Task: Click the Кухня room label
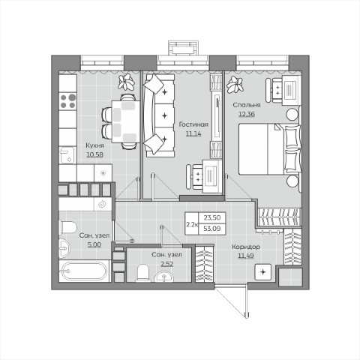tap(94, 145)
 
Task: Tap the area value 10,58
tap(94, 154)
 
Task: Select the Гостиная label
tap(193, 124)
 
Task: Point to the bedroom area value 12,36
tap(247, 114)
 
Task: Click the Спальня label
tap(247, 105)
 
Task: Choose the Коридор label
tap(246, 247)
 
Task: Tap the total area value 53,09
tap(212, 229)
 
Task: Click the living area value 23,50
tap(212, 217)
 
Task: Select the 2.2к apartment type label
tap(191, 224)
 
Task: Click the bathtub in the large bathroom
tap(85, 271)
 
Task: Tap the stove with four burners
tap(67, 101)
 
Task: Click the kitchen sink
tap(67, 155)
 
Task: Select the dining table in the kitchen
tap(126, 121)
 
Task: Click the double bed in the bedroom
tap(269, 148)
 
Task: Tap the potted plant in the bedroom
tap(235, 84)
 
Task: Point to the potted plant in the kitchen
tap(127, 82)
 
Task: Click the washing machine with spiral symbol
tap(103, 204)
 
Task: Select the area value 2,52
tap(166, 264)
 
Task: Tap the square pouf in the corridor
tap(262, 271)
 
